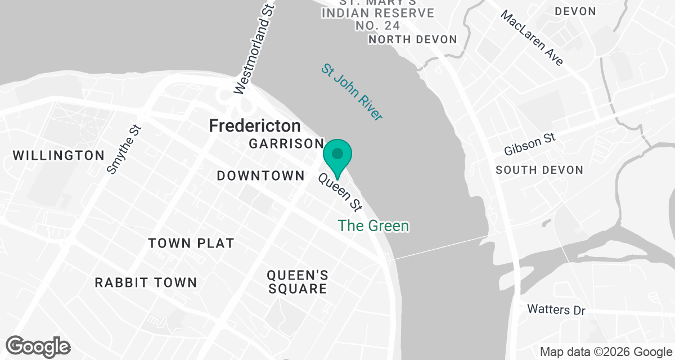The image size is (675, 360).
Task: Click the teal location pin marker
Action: pos(337,155)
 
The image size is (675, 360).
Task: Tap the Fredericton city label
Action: pos(255,125)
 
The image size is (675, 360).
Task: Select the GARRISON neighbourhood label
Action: pos(286,144)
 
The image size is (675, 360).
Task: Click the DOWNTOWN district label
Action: pos(261,176)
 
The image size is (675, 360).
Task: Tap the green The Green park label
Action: pos(373,226)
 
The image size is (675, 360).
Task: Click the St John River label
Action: pos(352,92)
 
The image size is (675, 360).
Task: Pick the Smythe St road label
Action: pos(124,148)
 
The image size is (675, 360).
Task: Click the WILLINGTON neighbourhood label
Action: pos(58,156)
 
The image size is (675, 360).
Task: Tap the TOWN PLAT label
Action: pos(191,244)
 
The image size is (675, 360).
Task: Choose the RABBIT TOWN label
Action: pos(146,282)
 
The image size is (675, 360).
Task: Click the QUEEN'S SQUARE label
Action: pos(298,282)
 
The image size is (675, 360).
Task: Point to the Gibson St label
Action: pos(529,145)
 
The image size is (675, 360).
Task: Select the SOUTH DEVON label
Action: pos(539,170)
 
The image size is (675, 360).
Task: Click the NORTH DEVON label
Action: pos(412,39)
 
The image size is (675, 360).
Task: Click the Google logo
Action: pos(38,346)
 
